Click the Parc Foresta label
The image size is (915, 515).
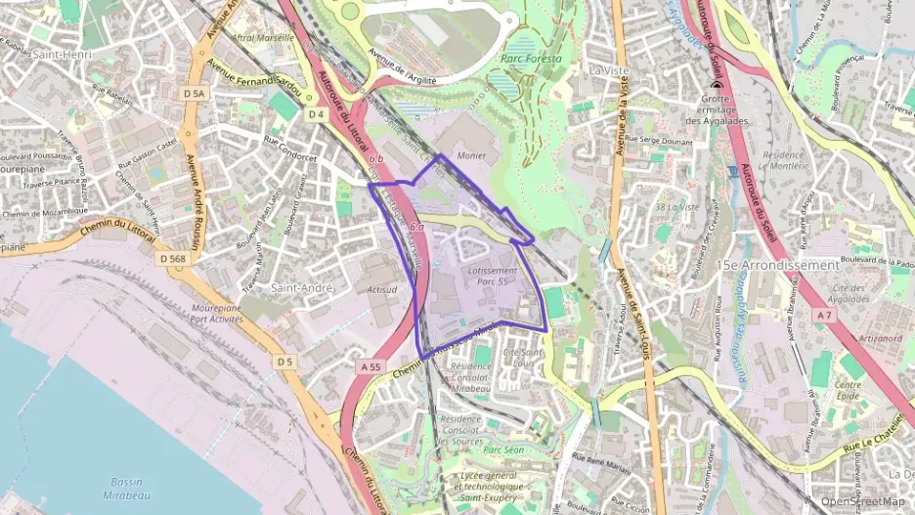[x=532, y=59]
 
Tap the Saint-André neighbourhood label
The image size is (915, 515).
[x=302, y=288]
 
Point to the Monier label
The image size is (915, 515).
[x=470, y=155]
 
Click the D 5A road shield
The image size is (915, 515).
[x=196, y=93]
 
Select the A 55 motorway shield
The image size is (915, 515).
[x=369, y=366]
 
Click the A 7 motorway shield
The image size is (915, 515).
[x=825, y=315]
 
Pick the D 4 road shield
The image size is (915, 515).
[x=316, y=115]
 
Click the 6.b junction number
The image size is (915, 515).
[x=376, y=157]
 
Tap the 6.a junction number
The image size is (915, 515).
[x=416, y=227]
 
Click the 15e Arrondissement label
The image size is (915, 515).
[x=777, y=265]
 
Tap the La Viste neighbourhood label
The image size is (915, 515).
[x=607, y=70]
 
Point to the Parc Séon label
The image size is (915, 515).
[x=506, y=450]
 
